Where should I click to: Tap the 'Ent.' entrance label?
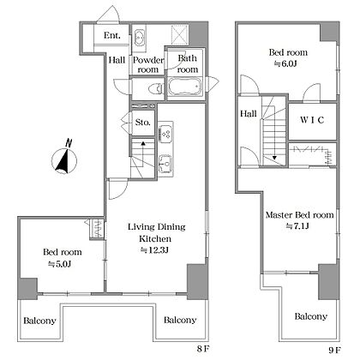click(x=112, y=35)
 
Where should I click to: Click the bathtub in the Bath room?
click(x=185, y=87)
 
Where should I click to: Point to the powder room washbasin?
click(x=140, y=37)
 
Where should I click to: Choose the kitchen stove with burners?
click(x=165, y=134)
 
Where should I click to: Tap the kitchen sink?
click(x=165, y=164)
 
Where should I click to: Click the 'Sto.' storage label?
click(x=143, y=123)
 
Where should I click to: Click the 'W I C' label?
click(x=312, y=120)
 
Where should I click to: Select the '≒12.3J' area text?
click(x=154, y=250)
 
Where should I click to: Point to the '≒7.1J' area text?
click(x=297, y=226)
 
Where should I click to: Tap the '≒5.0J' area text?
click(x=59, y=264)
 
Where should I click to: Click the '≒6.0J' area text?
click(x=285, y=63)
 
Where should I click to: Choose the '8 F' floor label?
click(x=203, y=349)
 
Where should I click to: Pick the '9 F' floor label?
click(x=334, y=350)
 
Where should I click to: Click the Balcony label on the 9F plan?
click(x=311, y=316)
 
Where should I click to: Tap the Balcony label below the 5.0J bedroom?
click(x=39, y=321)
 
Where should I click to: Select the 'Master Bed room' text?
click(x=300, y=215)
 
